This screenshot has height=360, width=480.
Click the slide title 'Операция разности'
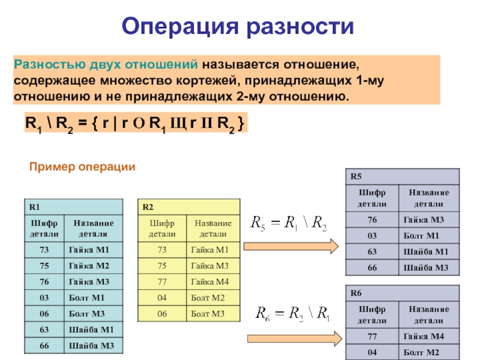tap(239, 26)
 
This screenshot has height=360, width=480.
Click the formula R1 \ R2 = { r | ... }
tap(133, 124)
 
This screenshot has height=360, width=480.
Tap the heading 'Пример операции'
tap(83, 167)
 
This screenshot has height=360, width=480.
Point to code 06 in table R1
tap(43, 314)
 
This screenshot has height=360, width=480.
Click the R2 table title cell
tap(188, 207)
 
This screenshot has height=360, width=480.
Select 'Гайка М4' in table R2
tap(207, 281)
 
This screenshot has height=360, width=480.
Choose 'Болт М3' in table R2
tap(207, 314)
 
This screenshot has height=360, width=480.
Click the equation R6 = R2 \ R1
tap(293, 313)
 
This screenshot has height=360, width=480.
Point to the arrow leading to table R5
tap(292, 246)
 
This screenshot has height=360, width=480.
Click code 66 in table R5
tap(372, 268)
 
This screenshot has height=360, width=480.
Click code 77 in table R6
tap(372, 336)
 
